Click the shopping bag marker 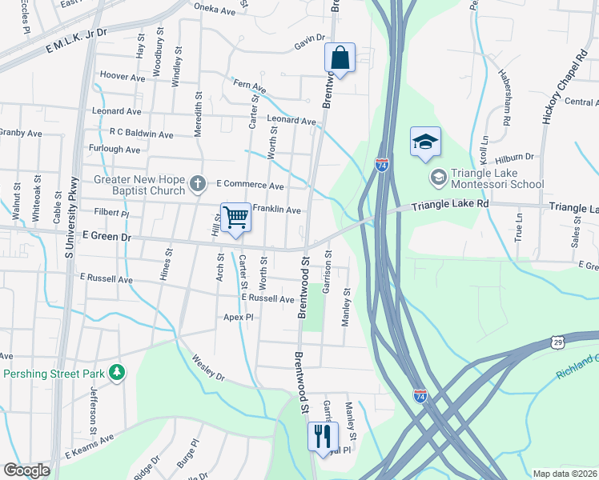[340, 58]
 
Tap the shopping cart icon [235, 218]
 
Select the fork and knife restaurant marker [323, 437]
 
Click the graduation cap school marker [426, 143]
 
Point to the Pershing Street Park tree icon [118, 373]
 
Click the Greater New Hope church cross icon [197, 186]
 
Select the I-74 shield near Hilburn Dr [382, 166]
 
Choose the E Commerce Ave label [250, 186]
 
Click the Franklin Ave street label [276, 210]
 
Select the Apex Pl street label [238, 318]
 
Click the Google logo [26, 470]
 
